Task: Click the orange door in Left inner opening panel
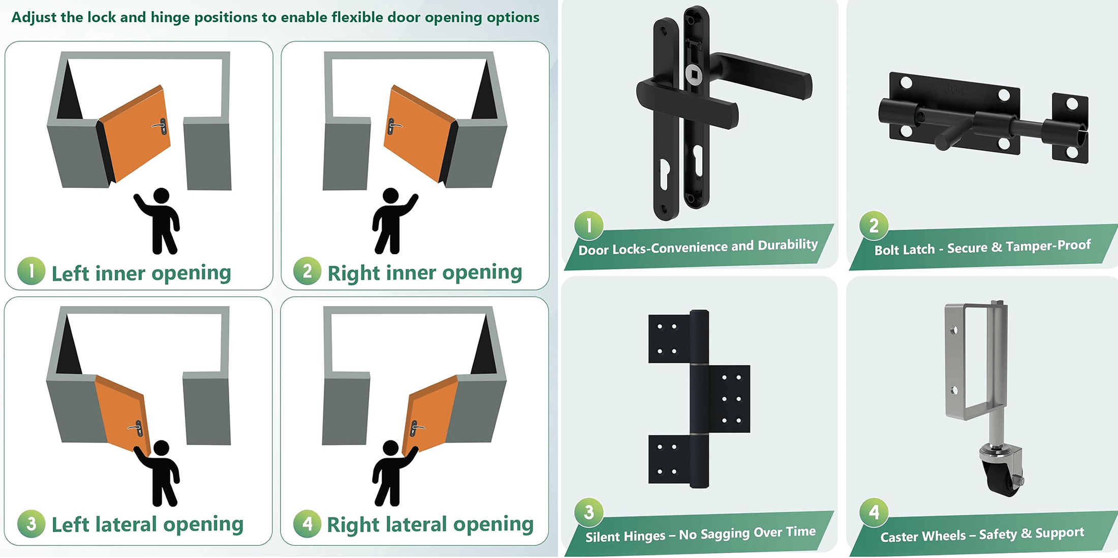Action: pos(135,134)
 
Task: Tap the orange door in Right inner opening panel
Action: pos(420,134)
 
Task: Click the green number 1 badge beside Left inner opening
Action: pos(31,271)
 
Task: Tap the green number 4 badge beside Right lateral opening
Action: pos(307,523)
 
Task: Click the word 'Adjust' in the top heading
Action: pos(34,18)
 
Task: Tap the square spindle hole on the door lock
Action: pos(694,75)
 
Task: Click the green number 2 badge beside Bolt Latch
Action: pos(874,225)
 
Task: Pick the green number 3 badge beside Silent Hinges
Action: pos(589,512)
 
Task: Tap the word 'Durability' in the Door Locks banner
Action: pos(788,245)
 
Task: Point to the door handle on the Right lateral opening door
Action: pos(416,429)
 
